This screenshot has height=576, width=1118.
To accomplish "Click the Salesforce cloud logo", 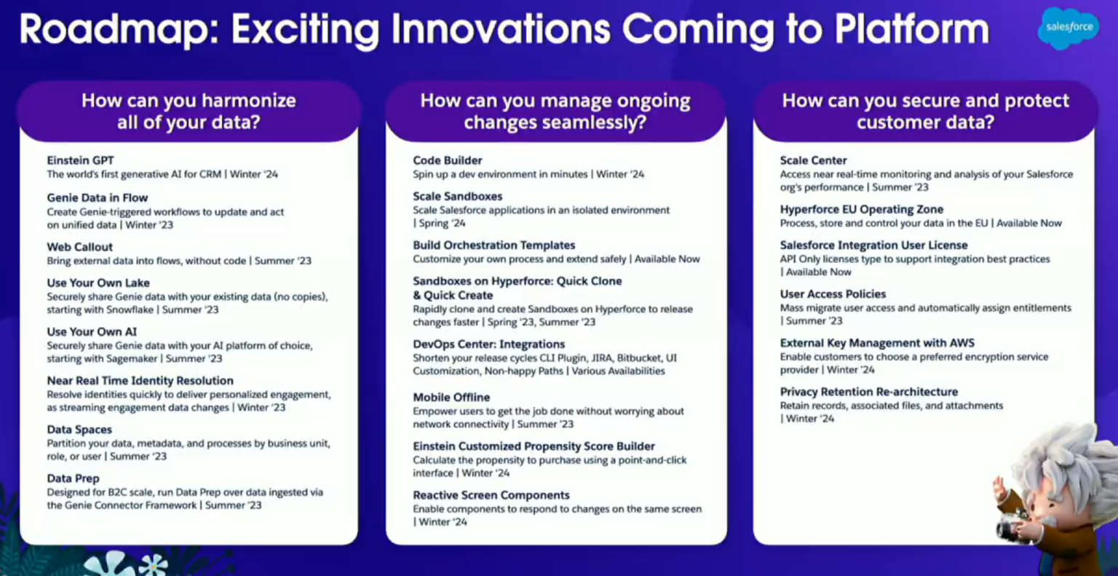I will (x=1069, y=28).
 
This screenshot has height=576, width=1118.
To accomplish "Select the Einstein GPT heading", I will (x=80, y=160).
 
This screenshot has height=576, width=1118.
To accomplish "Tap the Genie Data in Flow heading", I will (x=97, y=197).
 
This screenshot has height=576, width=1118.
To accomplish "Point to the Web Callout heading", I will (x=79, y=247).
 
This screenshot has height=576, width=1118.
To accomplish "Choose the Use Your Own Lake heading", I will (x=98, y=283).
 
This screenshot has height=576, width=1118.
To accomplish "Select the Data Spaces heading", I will (x=79, y=430).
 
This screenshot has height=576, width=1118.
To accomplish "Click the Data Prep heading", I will (x=73, y=478).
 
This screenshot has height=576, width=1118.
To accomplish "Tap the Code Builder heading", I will (x=447, y=160).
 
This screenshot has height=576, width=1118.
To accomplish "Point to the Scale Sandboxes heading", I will (x=457, y=196).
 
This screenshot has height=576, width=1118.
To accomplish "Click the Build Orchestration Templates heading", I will (x=493, y=245).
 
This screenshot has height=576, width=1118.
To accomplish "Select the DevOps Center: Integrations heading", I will (x=488, y=344).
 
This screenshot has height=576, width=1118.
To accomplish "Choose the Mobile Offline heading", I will (x=451, y=397).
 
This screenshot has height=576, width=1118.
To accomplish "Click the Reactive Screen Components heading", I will (x=491, y=495).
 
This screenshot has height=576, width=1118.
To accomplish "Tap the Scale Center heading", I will (x=813, y=160).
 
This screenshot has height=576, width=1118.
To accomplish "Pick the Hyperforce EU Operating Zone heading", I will (x=861, y=209).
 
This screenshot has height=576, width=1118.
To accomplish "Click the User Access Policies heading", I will (x=833, y=294).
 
